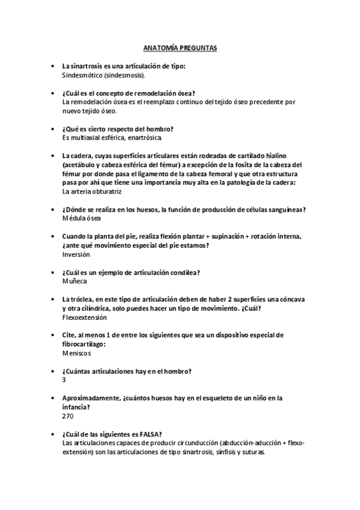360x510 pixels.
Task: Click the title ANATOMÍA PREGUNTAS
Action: pyautogui.click(x=180, y=46)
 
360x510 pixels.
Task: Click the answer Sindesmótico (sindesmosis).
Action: pyautogui.click(x=103, y=76)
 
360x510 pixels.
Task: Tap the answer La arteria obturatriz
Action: pyautogui.click(x=92, y=191)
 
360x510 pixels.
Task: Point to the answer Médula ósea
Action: pyautogui.click(x=84, y=218)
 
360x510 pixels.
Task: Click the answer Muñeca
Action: pyautogui.click(x=75, y=281)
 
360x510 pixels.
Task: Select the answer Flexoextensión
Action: pyautogui.click(x=85, y=317)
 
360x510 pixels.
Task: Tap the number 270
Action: pyautogui.click(x=68, y=416)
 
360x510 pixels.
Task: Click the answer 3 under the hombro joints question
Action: pyautogui.click(x=64, y=379)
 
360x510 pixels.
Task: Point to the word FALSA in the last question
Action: pyautogui.click(x=148, y=434)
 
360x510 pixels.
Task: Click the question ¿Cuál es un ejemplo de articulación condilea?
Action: pyautogui.click(x=131, y=272)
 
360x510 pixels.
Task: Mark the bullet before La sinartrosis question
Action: pyautogui.click(x=54, y=67)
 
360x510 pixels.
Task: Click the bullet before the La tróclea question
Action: pyautogui.click(x=54, y=299)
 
